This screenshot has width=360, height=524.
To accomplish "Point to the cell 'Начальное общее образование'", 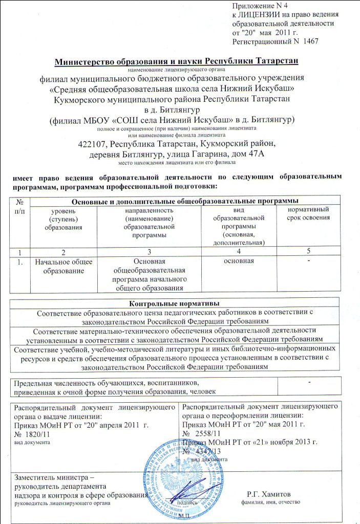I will pyautogui.click(x=63, y=266).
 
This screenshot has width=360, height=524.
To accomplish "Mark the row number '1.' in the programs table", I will pyautogui.click(x=19, y=261).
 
